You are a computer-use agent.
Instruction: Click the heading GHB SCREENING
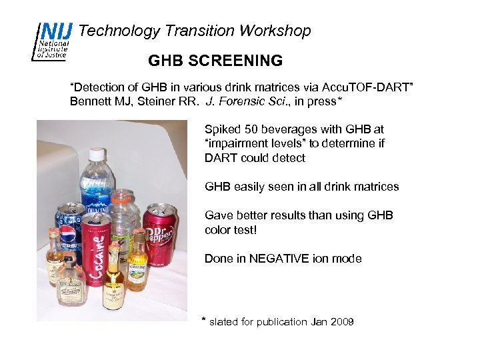[215, 61]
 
